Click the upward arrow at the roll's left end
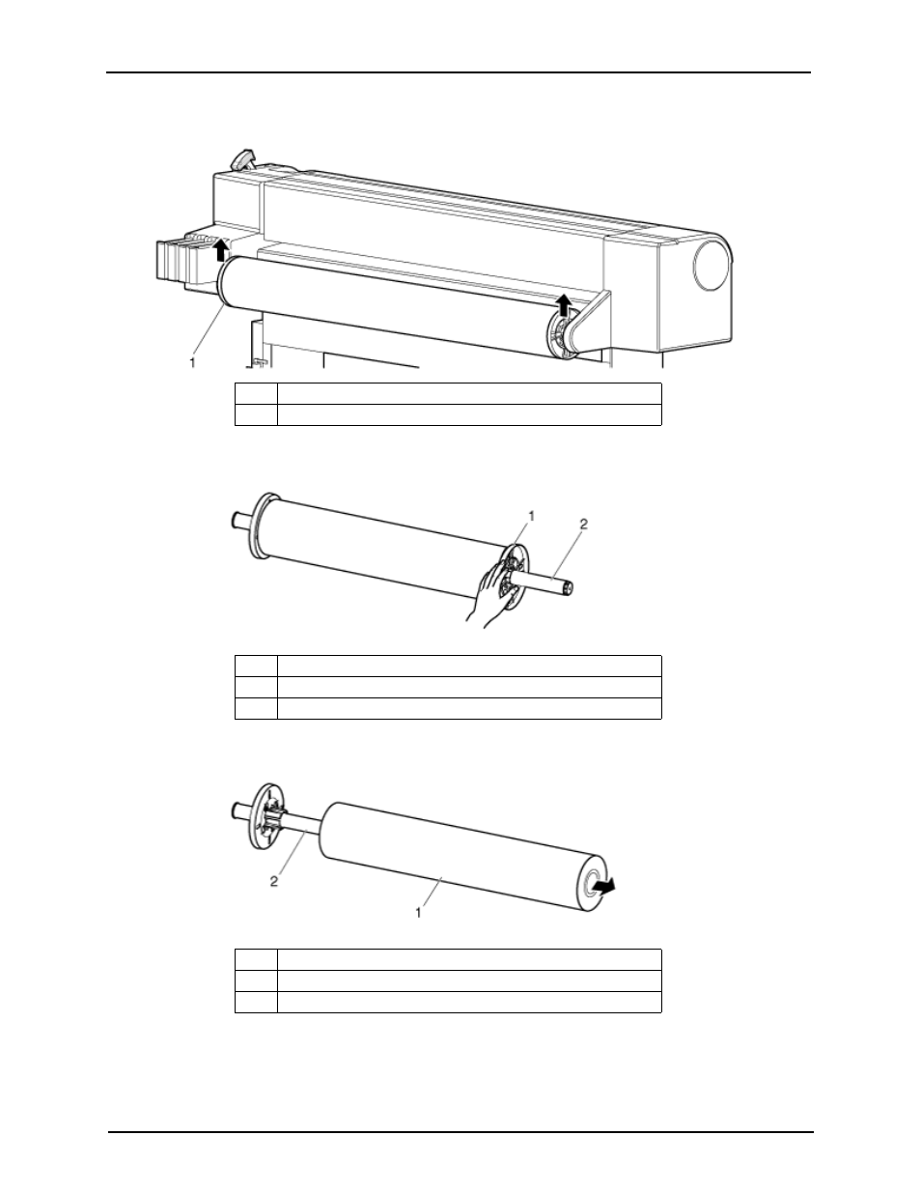click(221, 249)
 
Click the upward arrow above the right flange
click(562, 304)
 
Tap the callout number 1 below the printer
click(192, 362)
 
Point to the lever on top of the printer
click(243, 157)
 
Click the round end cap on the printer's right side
click(712, 265)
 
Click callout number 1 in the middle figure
click(531, 516)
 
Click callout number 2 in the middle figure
click(584, 525)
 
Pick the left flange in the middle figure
click(260, 525)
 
